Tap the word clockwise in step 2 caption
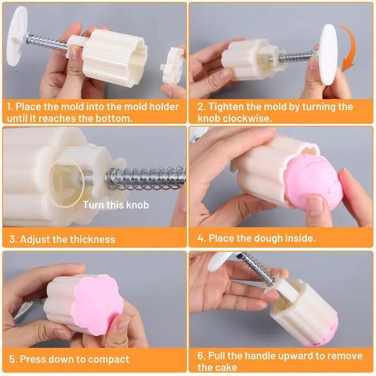pyautogui.click(x=246, y=119)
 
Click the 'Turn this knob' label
pyautogui.click(x=116, y=205)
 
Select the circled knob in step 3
pyautogui.click(x=65, y=183)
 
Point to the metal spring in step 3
pyautogui.click(x=146, y=179)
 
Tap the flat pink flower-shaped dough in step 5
pyautogui.click(x=98, y=304)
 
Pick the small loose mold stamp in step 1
pyautogui.click(x=172, y=65)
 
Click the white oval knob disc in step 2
pyautogui.click(x=328, y=55)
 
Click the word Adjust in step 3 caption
pyautogui.click(x=35, y=240)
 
